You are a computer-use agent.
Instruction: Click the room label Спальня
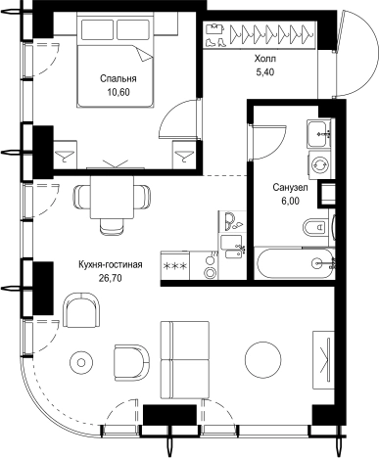(118, 79)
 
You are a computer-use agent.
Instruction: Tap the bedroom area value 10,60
(118, 92)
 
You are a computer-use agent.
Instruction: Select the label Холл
(265, 59)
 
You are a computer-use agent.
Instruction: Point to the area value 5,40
(265, 72)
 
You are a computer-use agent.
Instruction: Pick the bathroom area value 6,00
(290, 201)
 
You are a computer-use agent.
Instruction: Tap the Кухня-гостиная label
(111, 264)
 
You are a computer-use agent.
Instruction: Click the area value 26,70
(111, 278)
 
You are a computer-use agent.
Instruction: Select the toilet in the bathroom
(315, 227)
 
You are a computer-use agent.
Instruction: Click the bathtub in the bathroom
(296, 263)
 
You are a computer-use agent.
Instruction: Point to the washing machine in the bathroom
(319, 164)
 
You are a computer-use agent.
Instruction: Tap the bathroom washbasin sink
(317, 133)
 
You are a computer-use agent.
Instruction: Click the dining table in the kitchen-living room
(113, 198)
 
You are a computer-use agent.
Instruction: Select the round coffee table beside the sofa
(263, 360)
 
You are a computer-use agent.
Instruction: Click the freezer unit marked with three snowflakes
(175, 265)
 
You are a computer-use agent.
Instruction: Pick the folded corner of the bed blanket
(145, 54)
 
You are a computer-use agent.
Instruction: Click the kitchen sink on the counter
(231, 247)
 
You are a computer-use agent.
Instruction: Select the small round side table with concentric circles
(81, 362)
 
